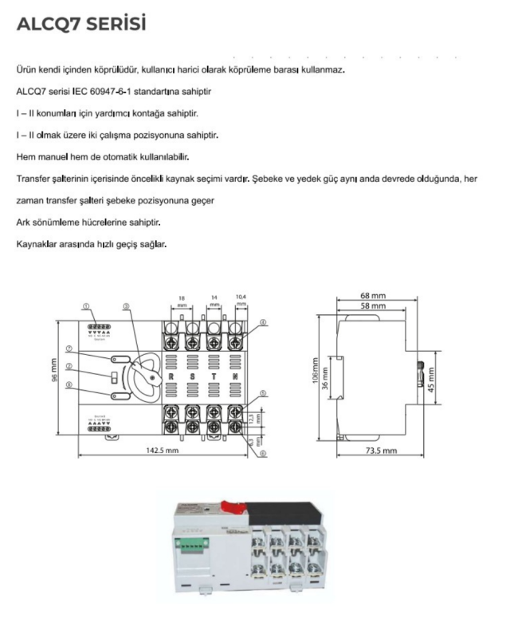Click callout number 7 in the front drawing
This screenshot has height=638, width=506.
tap(69, 349)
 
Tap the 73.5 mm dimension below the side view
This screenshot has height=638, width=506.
tap(379, 451)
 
